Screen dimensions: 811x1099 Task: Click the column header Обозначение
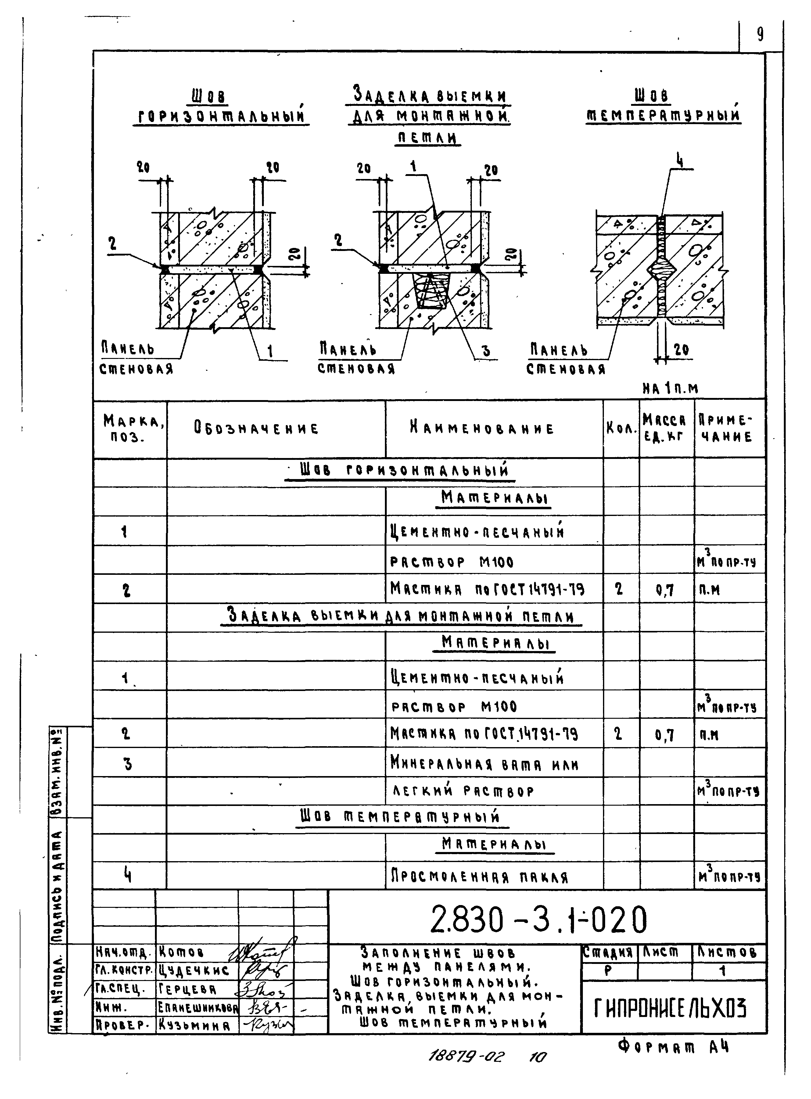(x=256, y=428)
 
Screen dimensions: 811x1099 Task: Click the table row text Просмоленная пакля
(x=479, y=877)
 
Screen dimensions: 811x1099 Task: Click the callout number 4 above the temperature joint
(x=680, y=160)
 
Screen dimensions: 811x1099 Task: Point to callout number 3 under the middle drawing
(x=486, y=350)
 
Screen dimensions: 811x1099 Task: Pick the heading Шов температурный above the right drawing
(x=663, y=106)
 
